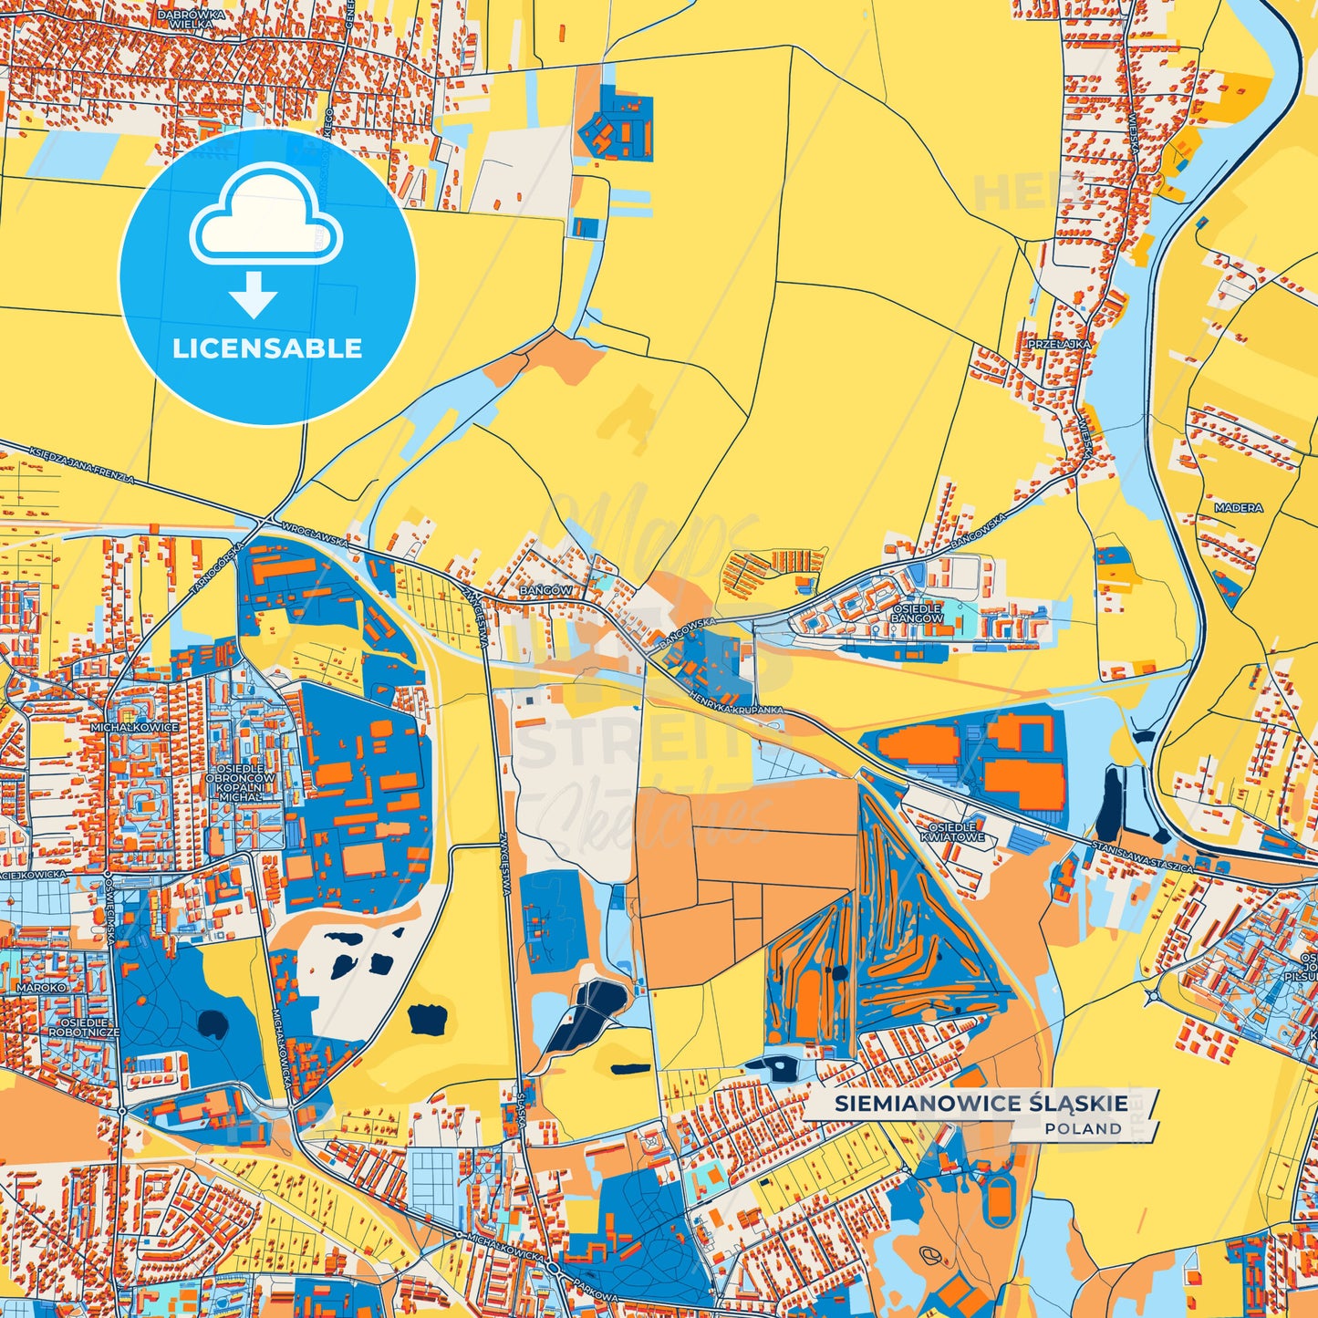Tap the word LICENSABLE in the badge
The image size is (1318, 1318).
tap(267, 348)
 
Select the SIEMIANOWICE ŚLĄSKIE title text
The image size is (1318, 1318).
tap(981, 1104)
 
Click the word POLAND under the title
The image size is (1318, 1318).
tap(1084, 1129)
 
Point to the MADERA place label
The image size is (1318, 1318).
tap(1238, 508)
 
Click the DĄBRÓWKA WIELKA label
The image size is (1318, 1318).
tap(192, 19)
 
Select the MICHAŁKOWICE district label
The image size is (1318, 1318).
tap(134, 728)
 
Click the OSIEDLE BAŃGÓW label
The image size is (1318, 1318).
tap(917, 613)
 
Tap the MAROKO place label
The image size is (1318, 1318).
tap(41, 987)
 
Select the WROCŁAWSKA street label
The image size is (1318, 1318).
tap(316, 535)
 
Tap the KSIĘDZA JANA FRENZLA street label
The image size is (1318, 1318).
tap(81, 466)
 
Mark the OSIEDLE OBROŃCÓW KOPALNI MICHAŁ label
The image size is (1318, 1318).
tap(240, 783)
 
